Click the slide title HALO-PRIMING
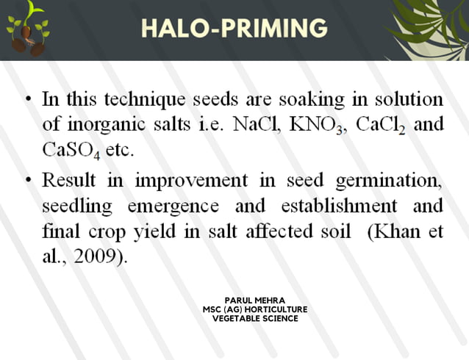coord(234,28)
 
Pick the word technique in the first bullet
coord(137,99)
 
